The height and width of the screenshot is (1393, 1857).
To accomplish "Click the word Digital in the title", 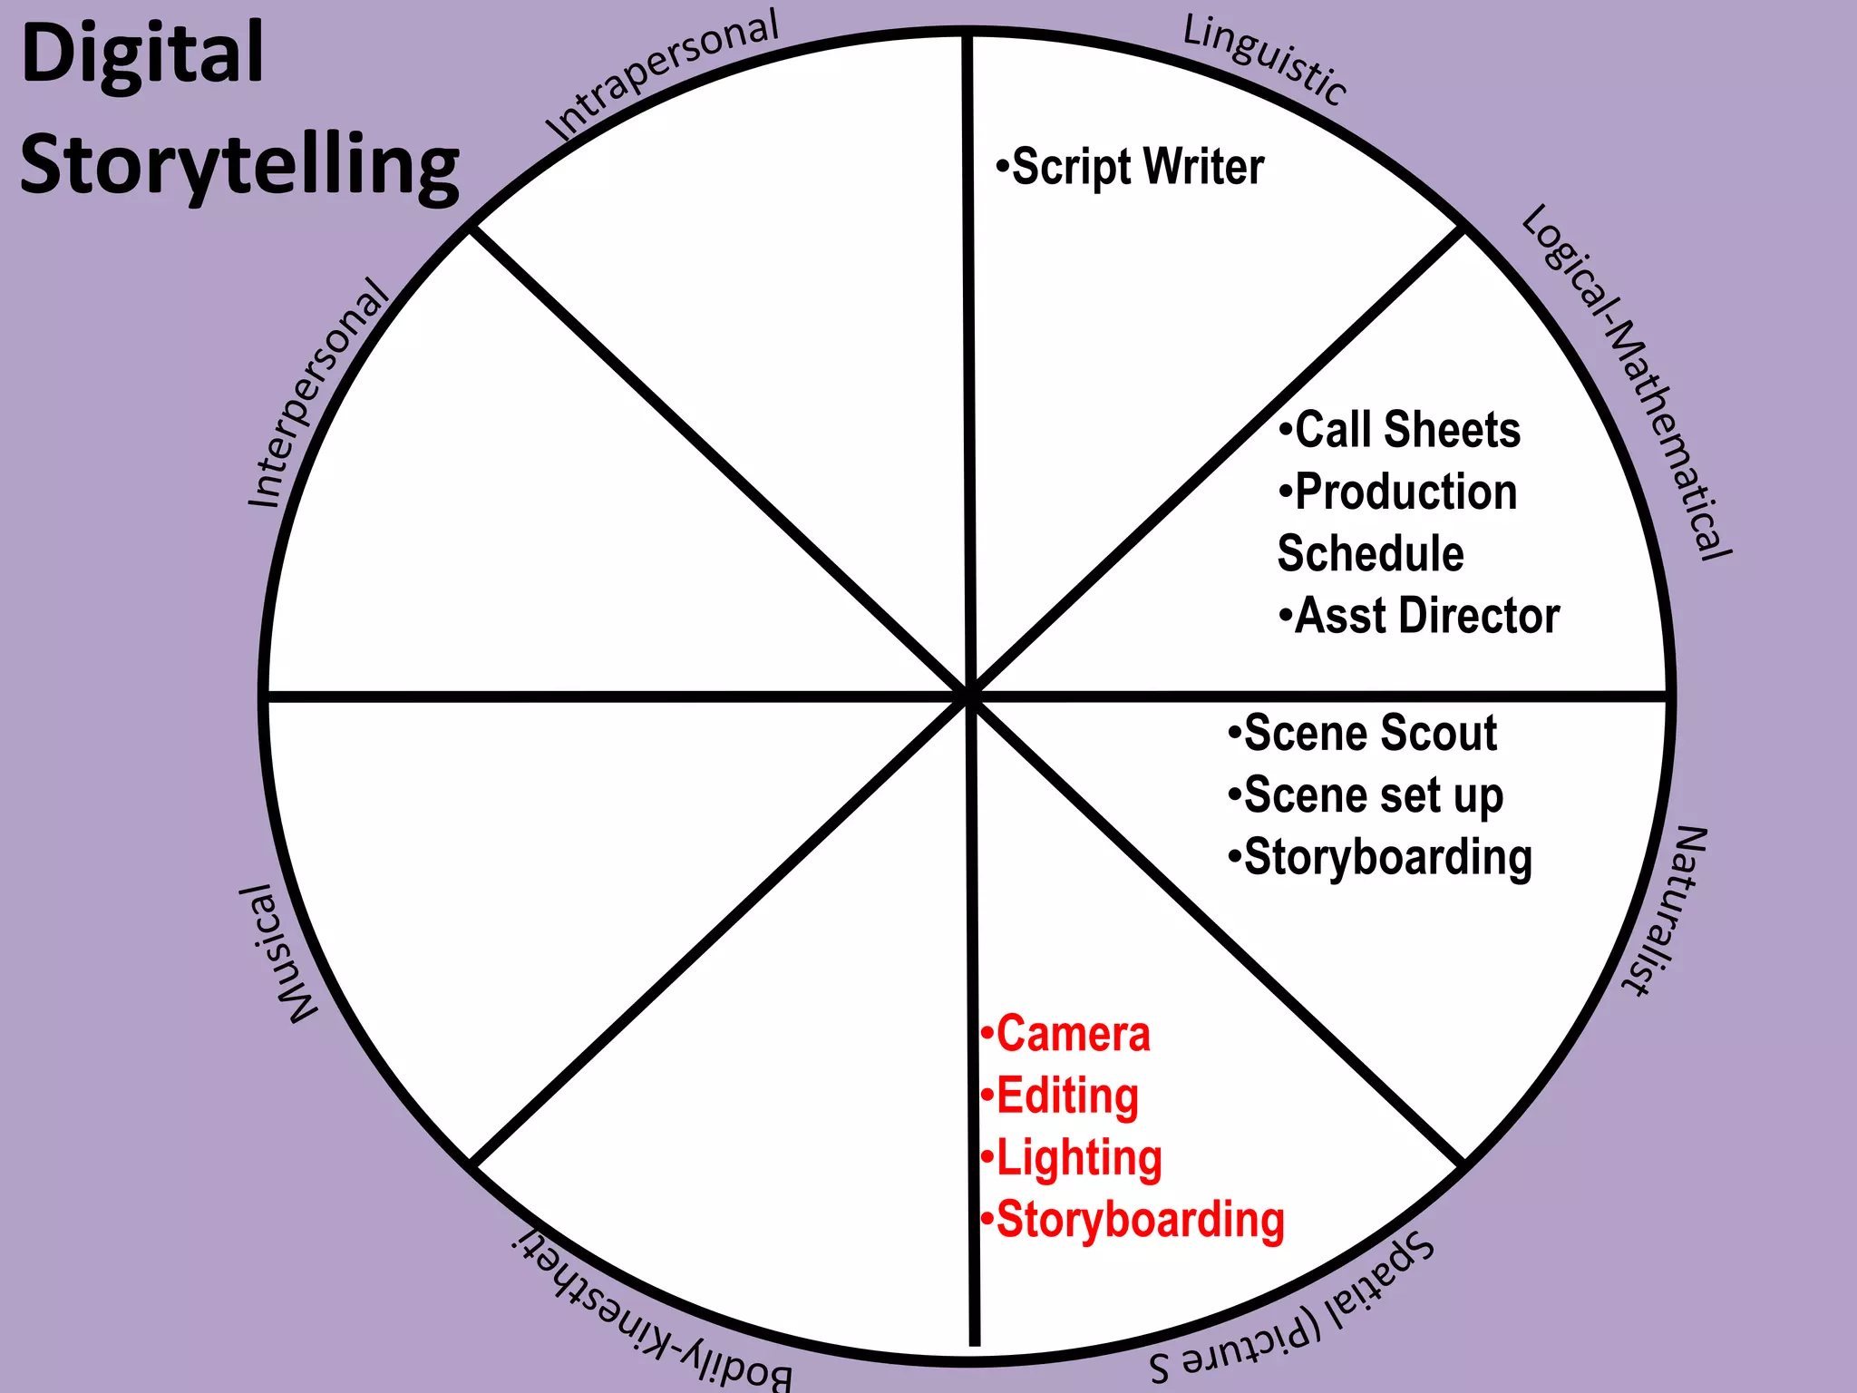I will coord(142,54).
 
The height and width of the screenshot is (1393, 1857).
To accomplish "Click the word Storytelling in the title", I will coord(239,165).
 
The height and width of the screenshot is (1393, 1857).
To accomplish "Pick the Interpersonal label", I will coord(317,395).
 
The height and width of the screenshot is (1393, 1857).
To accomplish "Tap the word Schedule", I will coord(1370,553).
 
